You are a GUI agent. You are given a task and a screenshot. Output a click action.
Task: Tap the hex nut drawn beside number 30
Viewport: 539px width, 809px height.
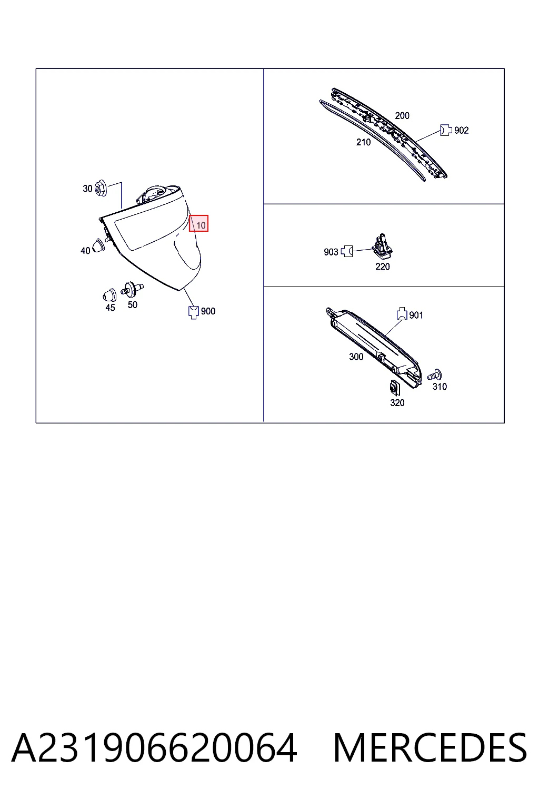tap(101, 188)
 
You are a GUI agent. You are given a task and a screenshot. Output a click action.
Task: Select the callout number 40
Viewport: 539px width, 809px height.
tap(85, 251)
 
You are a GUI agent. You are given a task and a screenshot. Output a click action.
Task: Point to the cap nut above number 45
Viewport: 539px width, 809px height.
tap(109, 295)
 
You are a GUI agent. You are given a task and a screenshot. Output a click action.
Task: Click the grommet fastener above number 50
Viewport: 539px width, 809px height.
tap(132, 289)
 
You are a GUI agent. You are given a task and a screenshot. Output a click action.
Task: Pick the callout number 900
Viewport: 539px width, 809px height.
tap(208, 311)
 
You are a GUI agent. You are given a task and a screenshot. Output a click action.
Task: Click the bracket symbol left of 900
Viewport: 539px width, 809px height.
tap(194, 312)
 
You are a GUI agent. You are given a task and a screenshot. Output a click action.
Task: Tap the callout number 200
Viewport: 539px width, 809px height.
tap(402, 115)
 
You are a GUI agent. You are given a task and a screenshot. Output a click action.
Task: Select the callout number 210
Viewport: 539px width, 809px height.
tap(363, 142)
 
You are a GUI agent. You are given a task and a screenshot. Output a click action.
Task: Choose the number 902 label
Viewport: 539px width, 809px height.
tap(461, 131)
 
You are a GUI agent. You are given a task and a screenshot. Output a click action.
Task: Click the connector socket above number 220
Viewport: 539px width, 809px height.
tap(382, 245)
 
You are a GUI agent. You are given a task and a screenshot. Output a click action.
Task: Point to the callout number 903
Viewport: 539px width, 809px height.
tap(331, 252)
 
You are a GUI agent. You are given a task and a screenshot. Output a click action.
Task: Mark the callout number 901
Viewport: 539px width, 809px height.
tap(416, 315)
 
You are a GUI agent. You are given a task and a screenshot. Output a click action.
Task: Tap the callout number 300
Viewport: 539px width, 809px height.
tap(356, 357)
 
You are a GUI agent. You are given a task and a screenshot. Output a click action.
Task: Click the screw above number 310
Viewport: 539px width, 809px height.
tap(435, 375)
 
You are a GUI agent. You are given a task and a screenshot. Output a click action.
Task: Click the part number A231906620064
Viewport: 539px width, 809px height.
tap(154, 747)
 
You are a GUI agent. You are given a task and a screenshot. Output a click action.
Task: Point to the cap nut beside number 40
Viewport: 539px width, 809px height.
tap(98, 245)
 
